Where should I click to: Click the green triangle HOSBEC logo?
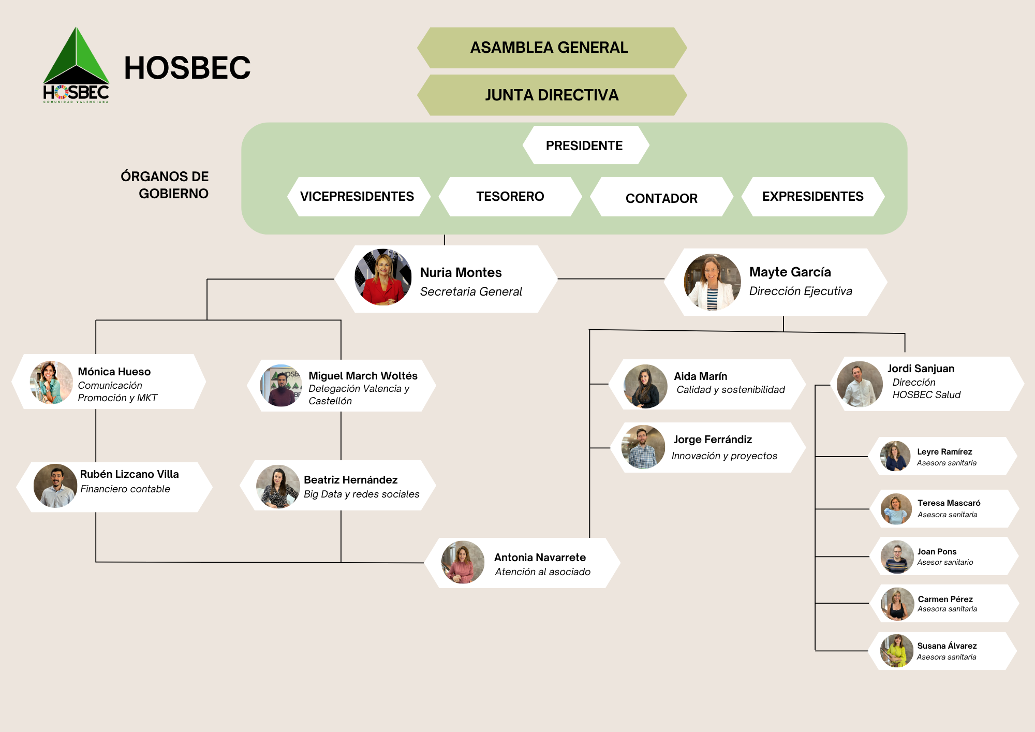click(76, 65)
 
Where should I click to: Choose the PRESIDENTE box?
click(585, 145)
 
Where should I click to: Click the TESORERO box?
click(510, 197)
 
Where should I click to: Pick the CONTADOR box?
click(661, 198)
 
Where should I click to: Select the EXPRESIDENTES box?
click(812, 197)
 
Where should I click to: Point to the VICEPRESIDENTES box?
click(358, 197)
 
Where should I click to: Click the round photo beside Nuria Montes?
click(383, 277)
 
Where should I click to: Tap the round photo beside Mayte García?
click(712, 282)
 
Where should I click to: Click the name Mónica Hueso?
click(114, 372)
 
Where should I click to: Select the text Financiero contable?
click(125, 489)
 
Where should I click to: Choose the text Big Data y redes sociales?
click(362, 494)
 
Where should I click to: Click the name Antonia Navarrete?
click(540, 558)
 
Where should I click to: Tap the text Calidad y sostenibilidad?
click(731, 390)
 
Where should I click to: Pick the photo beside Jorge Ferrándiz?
click(643, 447)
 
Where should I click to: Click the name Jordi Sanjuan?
click(921, 369)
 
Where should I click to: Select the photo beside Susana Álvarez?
click(897, 651)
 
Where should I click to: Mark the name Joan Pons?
click(937, 552)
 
